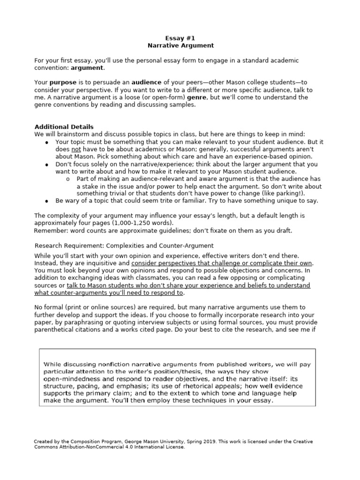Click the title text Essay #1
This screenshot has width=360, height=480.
(180, 38)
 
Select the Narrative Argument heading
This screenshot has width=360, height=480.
(180, 45)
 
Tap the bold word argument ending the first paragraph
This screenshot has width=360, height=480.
(87, 68)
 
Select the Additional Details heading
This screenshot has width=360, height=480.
(64, 127)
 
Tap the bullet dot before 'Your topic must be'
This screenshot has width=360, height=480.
(47, 142)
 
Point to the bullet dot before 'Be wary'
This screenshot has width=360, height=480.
(47, 201)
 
